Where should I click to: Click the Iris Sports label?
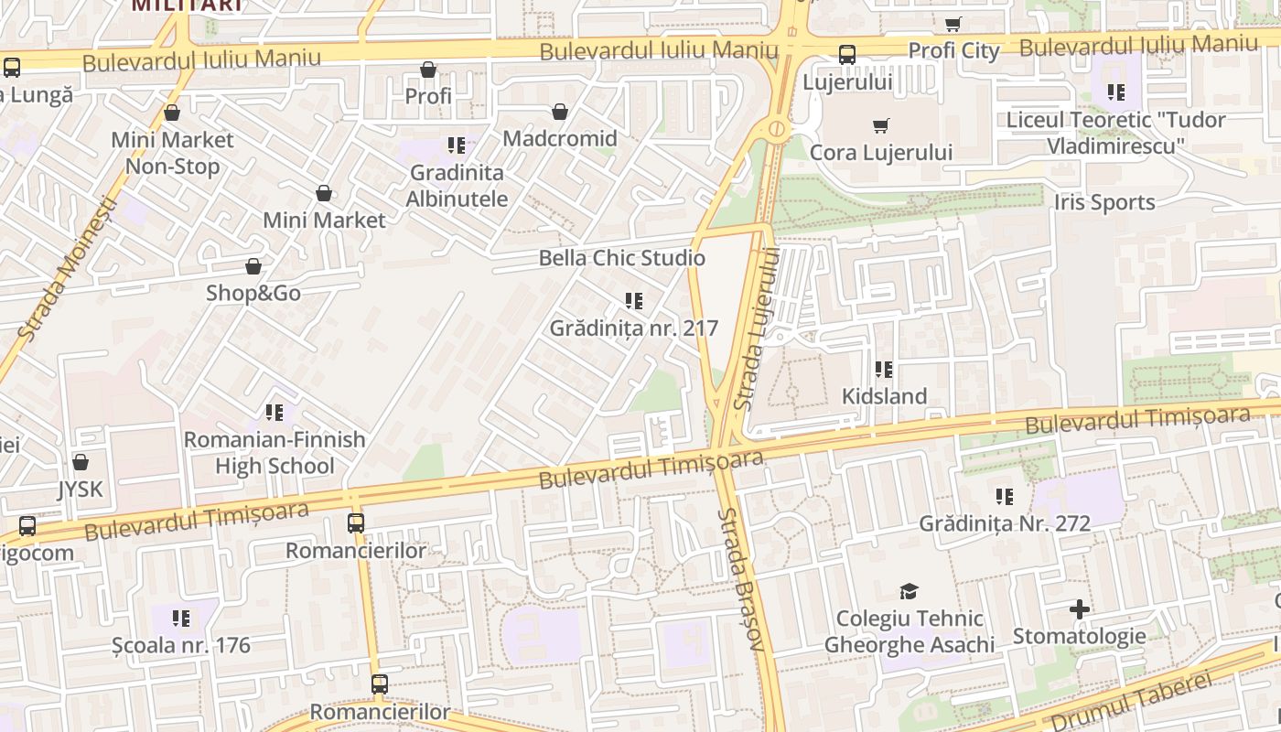(1104, 202)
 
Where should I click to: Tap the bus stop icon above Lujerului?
(847, 55)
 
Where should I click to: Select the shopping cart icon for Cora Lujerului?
(881, 125)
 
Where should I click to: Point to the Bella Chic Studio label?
(621, 258)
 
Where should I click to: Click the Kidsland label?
(884, 396)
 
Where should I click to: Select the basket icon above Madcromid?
(560, 112)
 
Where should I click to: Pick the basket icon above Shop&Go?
(253, 266)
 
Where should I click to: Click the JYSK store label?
(81, 489)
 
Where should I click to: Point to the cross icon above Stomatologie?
(1080, 609)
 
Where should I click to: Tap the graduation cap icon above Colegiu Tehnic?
(909, 591)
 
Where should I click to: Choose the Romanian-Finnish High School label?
(274, 453)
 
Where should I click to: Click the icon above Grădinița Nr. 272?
(1005, 497)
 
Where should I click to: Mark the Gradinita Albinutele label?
(457, 185)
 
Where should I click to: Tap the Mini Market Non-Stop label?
(172, 153)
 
